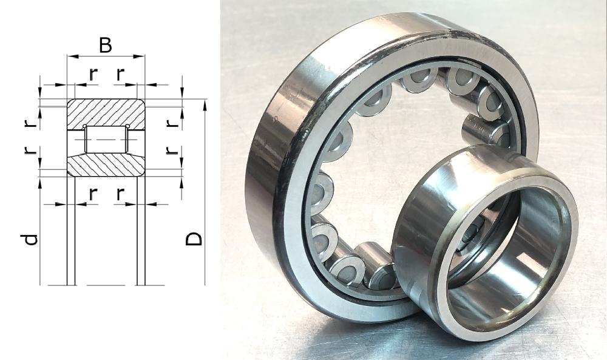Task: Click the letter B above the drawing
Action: click(x=105, y=45)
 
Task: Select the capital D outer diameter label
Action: click(x=194, y=239)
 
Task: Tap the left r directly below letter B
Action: click(x=92, y=74)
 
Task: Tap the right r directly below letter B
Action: click(x=121, y=74)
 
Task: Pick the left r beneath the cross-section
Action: click(x=92, y=194)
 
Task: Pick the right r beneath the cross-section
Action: click(x=121, y=194)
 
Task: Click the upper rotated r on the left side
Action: click(x=30, y=123)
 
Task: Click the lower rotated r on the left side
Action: click(x=30, y=150)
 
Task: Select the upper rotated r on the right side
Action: click(x=172, y=123)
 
